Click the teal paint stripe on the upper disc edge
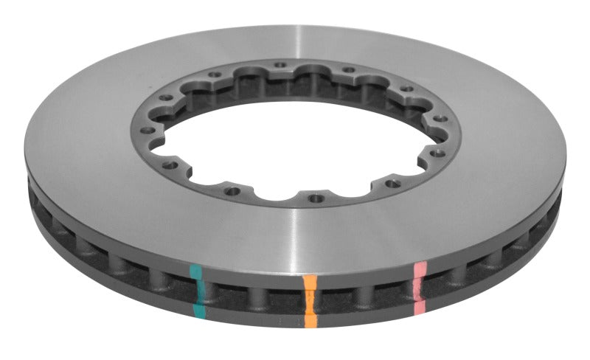click(195, 271)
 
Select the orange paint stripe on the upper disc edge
click(310, 283)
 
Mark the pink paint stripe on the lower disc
click(420, 304)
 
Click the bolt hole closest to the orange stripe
click(316, 198)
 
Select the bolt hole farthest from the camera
click(280, 66)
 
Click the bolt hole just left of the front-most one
click(233, 191)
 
